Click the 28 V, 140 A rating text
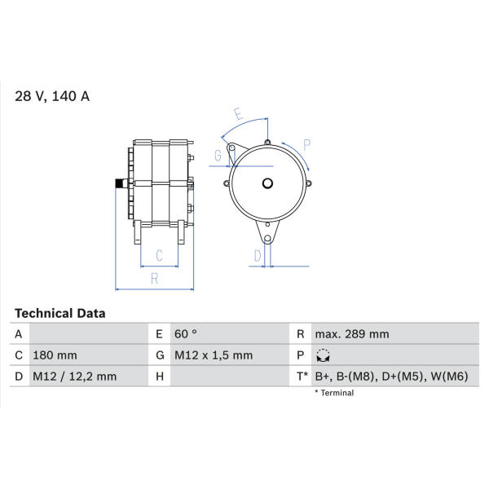pos(52,96)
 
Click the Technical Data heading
pos(59,313)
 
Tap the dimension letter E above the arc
pos(238,113)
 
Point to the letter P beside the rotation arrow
pos(307,145)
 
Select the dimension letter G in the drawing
pos(218,156)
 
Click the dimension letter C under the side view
pos(159,255)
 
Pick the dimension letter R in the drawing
pos(154,279)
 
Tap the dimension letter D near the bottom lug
pos(258,256)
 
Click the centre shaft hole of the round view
pos(267,183)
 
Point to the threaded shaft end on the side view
pos(120,183)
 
